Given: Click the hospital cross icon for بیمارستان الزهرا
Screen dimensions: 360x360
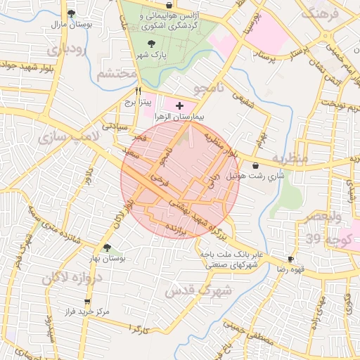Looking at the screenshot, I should [x=179, y=105].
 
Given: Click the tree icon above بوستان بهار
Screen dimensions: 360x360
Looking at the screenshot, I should [x=107, y=247].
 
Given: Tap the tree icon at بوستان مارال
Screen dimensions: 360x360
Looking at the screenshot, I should [x=70, y=13].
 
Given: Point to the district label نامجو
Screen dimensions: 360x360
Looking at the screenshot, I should [x=209, y=88].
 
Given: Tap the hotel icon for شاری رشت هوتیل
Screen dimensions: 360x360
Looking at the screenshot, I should [x=254, y=165].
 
